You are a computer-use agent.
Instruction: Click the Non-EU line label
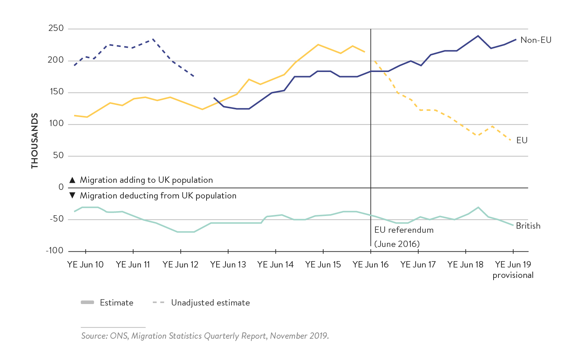pos(536,40)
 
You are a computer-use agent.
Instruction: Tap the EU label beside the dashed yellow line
pos(522,140)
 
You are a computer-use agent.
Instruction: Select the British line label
pos(528,226)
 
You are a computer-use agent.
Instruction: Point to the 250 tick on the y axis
pos(56,28)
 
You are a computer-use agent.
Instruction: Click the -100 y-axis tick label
pos(54,250)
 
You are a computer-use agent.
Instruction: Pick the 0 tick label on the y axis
pos(61,187)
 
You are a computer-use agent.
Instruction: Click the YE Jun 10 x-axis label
pos(85,264)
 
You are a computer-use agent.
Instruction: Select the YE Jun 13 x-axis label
pos(228,264)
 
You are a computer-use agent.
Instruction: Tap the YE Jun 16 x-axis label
pos(371,264)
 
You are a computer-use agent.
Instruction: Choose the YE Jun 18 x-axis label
pos(465,264)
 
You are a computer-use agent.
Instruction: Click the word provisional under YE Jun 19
pos(513,275)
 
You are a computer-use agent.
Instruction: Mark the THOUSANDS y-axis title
pos(35,141)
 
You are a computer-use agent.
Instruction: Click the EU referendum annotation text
pos(404,230)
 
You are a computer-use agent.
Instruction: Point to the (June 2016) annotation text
pos(397,244)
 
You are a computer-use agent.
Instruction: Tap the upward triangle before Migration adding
pos(73,180)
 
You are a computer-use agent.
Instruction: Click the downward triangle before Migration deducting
pos(73,195)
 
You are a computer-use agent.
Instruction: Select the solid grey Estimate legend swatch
pos(88,302)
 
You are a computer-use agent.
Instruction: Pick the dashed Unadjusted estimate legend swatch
pos(158,302)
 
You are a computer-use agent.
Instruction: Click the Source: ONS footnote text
pos(205,336)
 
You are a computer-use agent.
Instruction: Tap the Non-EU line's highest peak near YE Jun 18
pos(478,36)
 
